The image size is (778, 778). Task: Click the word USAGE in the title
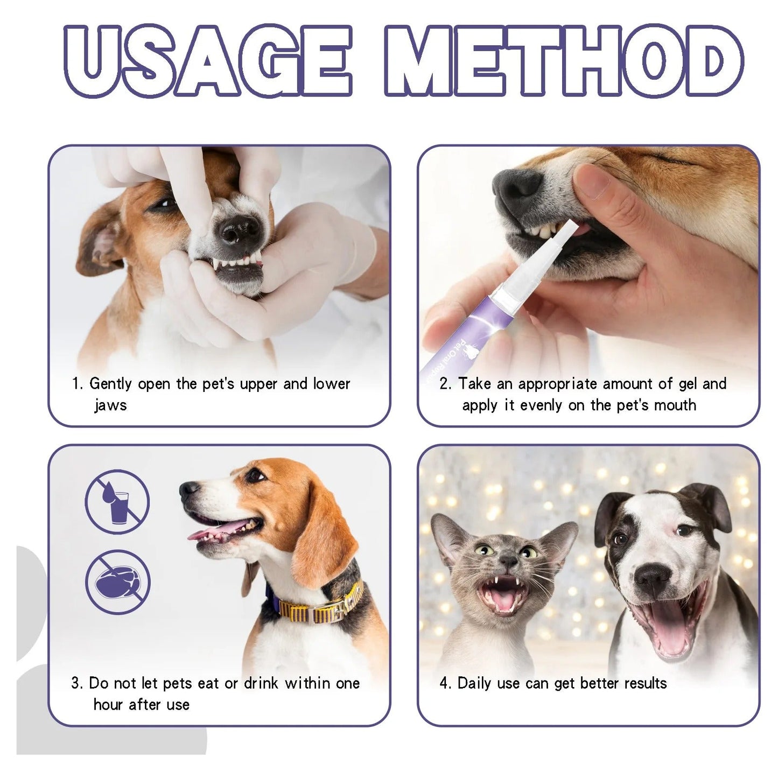click(207, 61)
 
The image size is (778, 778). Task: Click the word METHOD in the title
click(564, 61)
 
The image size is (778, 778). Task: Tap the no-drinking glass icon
click(117, 502)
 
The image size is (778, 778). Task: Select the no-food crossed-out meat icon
click(117, 583)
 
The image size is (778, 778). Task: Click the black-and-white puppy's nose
click(652, 578)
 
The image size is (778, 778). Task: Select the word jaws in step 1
click(110, 405)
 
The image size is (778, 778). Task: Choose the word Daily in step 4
click(474, 683)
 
